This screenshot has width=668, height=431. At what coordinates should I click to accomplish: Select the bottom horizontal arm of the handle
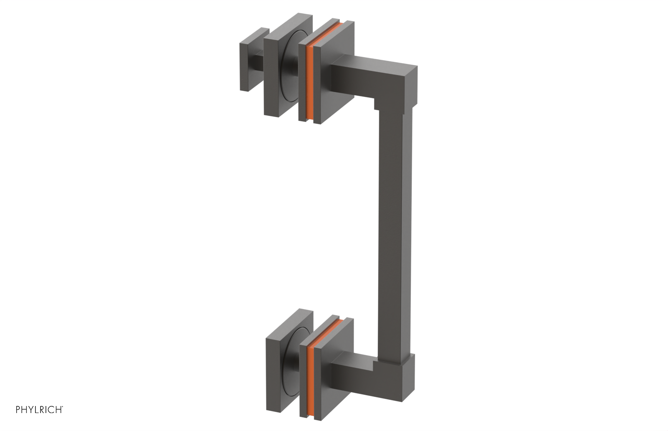[355, 369]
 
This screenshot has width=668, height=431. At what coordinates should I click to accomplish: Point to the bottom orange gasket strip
[310, 374]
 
